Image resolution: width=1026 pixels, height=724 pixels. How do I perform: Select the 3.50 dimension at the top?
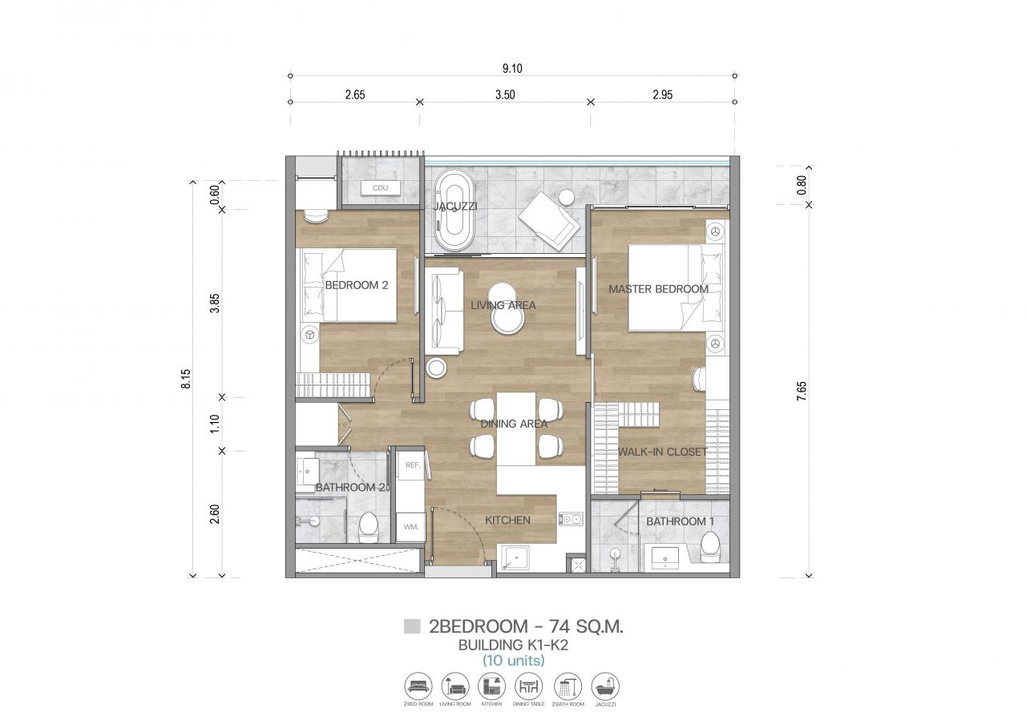pos(505,95)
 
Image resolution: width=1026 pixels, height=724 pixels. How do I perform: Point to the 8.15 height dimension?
pos(185,379)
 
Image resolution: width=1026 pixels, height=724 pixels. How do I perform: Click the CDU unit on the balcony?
pos(380,188)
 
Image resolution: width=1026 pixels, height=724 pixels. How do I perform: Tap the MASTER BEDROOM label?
pos(658,289)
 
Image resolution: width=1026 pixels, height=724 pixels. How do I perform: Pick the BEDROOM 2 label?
pos(356,285)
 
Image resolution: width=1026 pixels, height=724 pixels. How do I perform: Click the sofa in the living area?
pos(443,310)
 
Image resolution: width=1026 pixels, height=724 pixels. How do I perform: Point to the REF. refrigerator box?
pos(413,465)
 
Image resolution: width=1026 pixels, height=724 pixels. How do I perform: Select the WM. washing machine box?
pos(411,526)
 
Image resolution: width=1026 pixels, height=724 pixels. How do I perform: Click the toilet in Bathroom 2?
pos(369,527)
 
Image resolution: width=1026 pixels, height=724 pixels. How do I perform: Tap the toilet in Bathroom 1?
pos(710,548)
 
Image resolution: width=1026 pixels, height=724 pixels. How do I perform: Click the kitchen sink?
pos(518,558)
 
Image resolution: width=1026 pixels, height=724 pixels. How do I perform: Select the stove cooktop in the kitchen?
pos(572,520)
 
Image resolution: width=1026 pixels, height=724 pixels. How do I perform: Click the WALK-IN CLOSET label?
pos(662,452)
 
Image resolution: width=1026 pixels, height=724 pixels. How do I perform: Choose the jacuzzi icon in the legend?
pos(605,687)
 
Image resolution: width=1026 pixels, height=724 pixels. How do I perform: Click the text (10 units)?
pos(513,661)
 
